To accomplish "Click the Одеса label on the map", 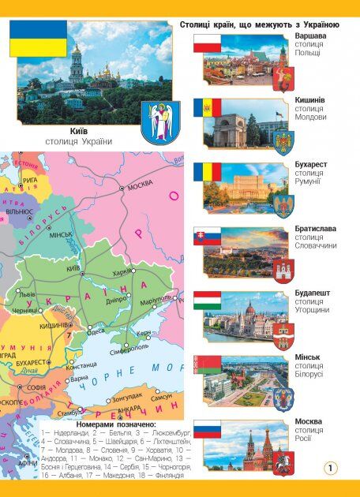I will [96, 331].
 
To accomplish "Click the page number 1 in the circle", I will [330, 469].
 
